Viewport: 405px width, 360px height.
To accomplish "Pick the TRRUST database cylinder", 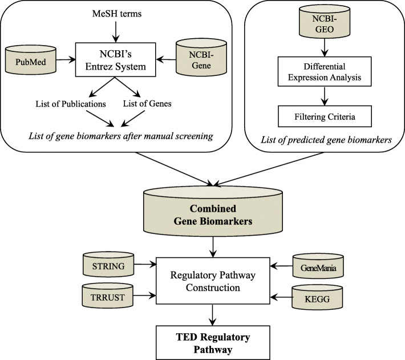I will click(x=120, y=296).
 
